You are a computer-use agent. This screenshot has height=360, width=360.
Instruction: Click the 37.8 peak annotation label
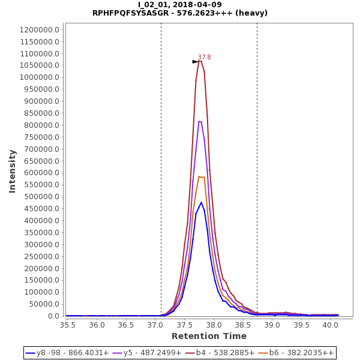(x=205, y=58)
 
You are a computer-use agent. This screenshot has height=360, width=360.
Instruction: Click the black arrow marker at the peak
(x=195, y=62)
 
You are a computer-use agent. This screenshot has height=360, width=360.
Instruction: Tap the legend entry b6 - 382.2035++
(x=302, y=353)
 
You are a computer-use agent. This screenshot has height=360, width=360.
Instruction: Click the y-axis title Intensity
(x=12, y=171)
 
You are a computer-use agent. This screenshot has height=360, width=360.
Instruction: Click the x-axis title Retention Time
(x=209, y=336)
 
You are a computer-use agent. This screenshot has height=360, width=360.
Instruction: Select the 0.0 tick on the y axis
(x=55, y=316)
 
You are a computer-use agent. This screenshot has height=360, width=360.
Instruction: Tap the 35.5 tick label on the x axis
(x=68, y=325)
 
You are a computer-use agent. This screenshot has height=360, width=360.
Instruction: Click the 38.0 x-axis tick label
(x=214, y=325)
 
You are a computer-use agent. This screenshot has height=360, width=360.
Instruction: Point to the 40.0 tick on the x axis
(x=331, y=325)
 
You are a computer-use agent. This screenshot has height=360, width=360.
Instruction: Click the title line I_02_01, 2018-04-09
(x=179, y=5)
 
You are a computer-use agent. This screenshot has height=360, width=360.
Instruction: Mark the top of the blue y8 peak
(x=202, y=202)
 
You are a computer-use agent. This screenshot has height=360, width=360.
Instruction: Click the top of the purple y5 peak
(x=199, y=121)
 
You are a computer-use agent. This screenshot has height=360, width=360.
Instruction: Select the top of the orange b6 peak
(x=199, y=176)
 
